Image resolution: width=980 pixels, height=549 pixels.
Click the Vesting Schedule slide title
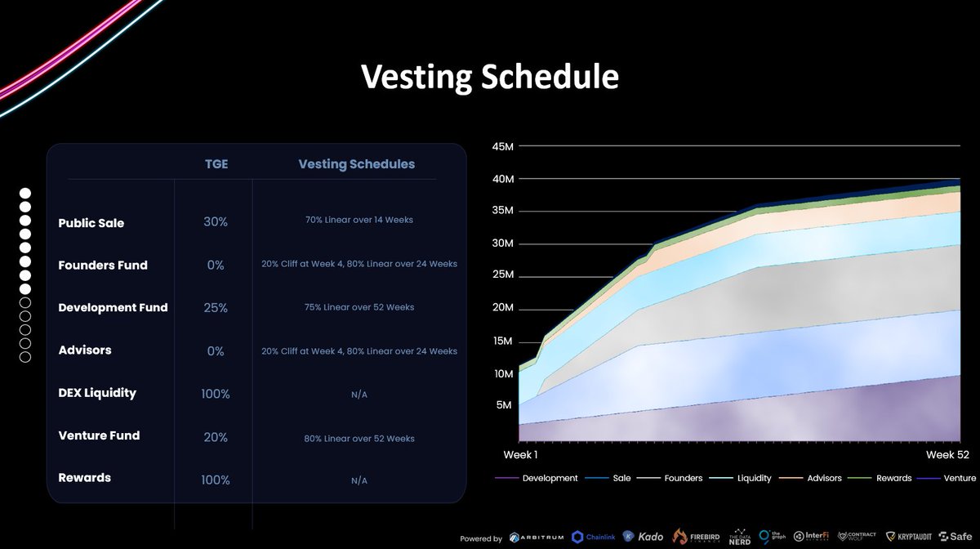[490, 77]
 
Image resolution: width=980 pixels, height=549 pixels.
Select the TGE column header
[216, 164]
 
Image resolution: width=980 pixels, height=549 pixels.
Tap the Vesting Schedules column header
[356, 164]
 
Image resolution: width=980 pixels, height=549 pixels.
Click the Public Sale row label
[91, 223]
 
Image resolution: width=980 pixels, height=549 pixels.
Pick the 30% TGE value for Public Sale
[216, 222]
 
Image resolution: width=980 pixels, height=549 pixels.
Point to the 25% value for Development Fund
[216, 308]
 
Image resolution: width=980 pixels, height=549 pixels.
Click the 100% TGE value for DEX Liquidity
[216, 394]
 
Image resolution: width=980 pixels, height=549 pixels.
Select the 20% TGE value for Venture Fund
[216, 437]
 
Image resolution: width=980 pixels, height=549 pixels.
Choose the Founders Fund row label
[103, 266]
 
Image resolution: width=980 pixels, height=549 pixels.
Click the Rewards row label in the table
[85, 478]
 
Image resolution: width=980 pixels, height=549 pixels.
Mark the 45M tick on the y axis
[501, 146]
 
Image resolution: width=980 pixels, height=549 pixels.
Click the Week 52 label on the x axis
[947, 454]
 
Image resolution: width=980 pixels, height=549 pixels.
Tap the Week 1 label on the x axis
[519, 454]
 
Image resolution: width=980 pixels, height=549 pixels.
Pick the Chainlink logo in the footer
[594, 537]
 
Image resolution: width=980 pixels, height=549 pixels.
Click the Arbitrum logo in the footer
[539, 537]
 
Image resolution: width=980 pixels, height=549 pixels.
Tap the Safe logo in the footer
[955, 537]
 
